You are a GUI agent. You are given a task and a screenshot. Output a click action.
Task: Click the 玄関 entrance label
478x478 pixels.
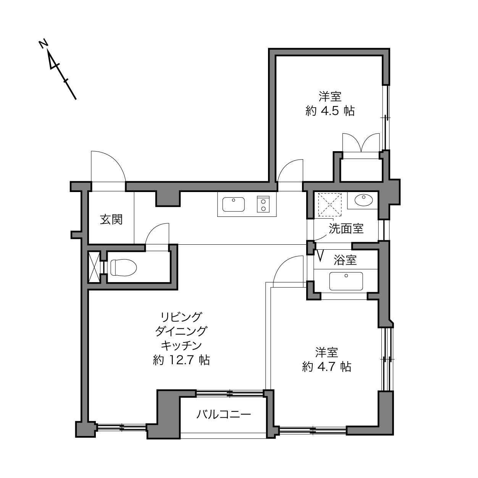coord(111,220)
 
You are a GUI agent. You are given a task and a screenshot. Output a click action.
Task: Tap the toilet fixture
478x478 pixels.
coord(124,267)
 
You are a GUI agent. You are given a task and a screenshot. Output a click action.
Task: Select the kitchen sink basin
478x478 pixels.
coord(233,204)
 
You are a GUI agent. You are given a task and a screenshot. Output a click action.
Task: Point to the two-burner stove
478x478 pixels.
coord(263,204)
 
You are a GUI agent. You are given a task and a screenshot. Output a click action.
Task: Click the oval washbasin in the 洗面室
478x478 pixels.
coord(363,200)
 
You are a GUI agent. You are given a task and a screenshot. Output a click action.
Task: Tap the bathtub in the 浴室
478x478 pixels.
coord(346,281)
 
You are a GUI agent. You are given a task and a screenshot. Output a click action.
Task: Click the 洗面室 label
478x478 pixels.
coord(346,228)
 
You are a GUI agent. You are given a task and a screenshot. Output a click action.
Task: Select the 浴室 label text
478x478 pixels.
coord(345,260)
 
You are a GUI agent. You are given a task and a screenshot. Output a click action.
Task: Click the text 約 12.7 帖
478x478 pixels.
coord(181,360)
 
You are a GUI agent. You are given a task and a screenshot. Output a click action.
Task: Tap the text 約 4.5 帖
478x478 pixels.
coord(330,111)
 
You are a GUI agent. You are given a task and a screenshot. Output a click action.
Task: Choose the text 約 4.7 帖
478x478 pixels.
coord(326,367)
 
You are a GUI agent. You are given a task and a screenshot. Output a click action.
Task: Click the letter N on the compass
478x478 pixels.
coord(43,44)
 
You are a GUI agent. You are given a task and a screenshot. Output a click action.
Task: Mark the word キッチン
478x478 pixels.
coord(181,346)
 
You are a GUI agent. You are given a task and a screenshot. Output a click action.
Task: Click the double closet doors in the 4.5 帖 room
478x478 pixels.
coord(361,142)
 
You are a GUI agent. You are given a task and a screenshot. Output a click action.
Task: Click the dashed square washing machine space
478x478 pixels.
coord(329,205)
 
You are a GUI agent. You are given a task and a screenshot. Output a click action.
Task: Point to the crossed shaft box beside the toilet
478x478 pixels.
coord(94,267)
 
